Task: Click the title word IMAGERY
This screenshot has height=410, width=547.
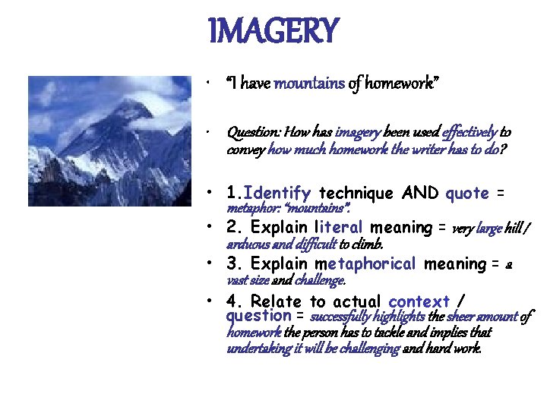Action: (273, 31)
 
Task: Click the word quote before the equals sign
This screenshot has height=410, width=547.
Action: (467, 193)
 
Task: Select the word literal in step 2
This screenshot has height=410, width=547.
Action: (339, 228)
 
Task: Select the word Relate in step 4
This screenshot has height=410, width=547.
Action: (277, 301)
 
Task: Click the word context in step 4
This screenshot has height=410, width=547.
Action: (419, 301)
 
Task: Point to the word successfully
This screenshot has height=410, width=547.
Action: (341, 316)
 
